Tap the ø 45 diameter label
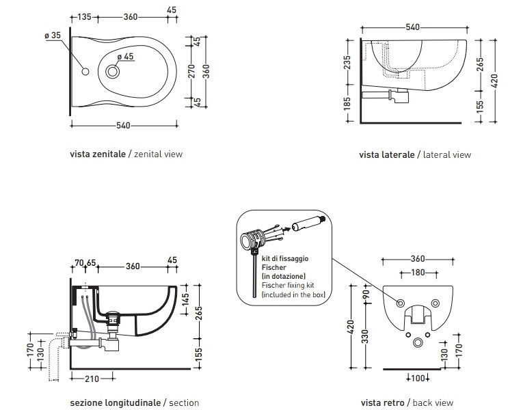[124, 57]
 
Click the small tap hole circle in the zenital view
[86, 72]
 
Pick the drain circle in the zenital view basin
[113, 70]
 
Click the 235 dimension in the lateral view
[348, 66]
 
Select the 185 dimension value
[348, 104]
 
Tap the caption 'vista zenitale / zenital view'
[126, 154]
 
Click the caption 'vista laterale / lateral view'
[415, 155]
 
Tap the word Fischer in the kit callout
[272, 267]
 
